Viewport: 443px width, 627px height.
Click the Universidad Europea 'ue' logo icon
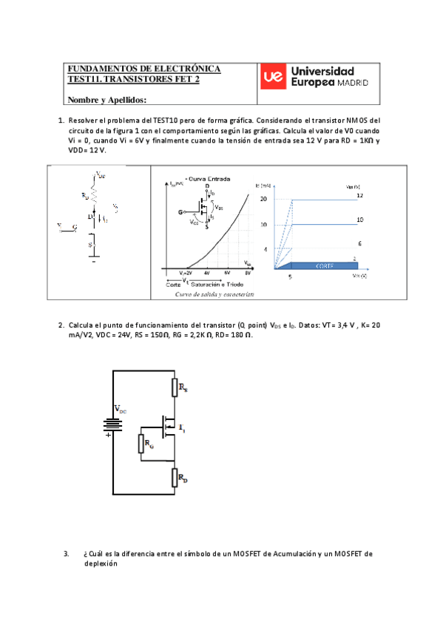pos(273,77)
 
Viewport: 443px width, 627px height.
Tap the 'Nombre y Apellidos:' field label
pos(106,100)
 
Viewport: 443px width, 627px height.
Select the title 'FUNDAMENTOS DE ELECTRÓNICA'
pos(143,69)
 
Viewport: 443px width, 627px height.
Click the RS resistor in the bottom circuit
pos(175,386)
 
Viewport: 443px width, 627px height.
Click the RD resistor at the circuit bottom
pos(175,478)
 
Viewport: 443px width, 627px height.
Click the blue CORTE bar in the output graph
pos(319,264)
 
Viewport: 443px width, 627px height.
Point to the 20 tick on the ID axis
pos(264,199)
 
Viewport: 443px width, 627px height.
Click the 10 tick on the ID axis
pos(264,224)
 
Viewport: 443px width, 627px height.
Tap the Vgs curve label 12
pos(359,195)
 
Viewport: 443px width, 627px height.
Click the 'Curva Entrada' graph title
pos(209,178)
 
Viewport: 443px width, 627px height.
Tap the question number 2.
pos(61,325)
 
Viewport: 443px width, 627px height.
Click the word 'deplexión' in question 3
pos(101,562)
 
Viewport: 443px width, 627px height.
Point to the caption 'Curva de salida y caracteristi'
pos(214,294)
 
